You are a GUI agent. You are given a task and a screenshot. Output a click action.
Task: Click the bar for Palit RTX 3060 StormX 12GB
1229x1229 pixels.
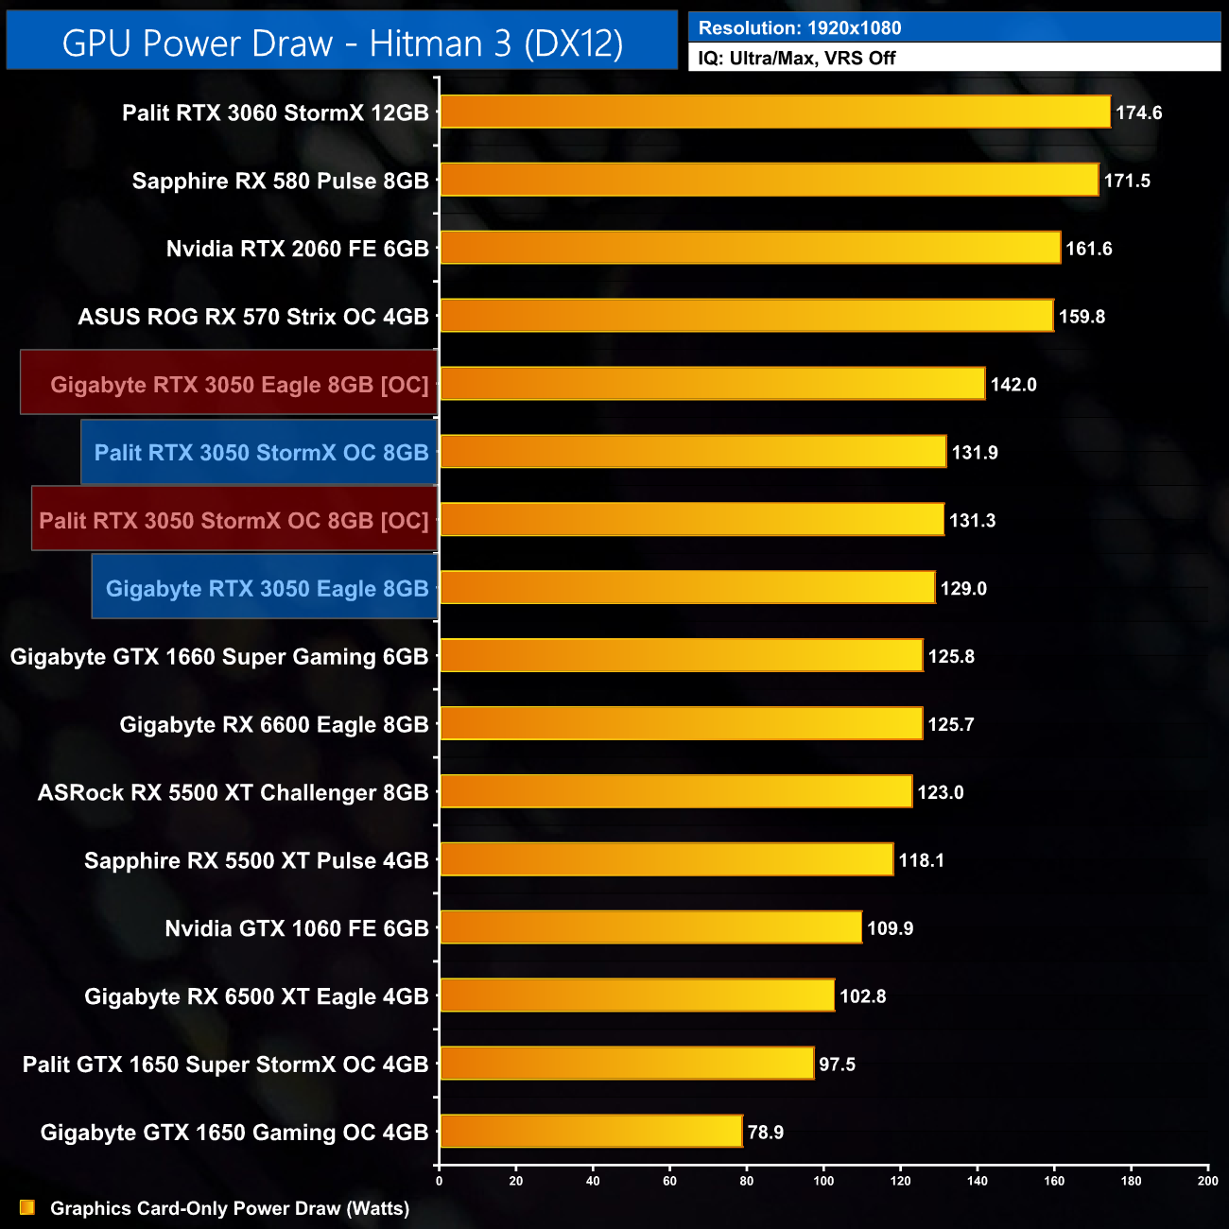(775, 112)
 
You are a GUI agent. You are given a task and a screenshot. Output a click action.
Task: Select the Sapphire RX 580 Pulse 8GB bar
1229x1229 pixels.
(770, 180)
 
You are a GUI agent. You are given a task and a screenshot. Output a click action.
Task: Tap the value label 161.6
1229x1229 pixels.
(1088, 249)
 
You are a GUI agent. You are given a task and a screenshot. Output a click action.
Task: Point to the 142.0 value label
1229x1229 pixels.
(1013, 385)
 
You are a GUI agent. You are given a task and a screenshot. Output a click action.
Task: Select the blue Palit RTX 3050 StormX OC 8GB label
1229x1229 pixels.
(261, 453)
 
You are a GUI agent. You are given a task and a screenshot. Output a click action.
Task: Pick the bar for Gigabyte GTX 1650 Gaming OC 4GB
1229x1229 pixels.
(591, 1132)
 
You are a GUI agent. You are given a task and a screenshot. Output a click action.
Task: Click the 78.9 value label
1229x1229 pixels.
(765, 1133)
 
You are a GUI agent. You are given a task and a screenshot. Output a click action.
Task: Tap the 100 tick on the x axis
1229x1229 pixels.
(823, 1181)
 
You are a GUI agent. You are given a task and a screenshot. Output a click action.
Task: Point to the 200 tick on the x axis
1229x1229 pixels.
(1207, 1181)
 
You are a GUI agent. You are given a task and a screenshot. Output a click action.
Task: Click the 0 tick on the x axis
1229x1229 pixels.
(439, 1181)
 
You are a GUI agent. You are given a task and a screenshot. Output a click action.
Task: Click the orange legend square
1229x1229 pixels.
(27, 1207)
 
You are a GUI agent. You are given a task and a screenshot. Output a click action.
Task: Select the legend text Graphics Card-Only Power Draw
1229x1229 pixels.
(230, 1208)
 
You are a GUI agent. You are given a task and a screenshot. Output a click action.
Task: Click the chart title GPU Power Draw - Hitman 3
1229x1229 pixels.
(342, 43)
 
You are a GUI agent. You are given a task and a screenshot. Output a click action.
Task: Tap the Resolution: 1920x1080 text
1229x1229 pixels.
(800, 28)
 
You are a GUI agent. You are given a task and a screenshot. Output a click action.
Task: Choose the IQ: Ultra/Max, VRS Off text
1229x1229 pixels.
(797, 59)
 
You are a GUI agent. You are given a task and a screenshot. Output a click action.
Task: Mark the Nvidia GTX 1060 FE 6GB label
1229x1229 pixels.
(297, 928)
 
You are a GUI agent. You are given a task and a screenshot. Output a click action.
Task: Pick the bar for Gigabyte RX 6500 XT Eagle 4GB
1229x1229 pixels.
(637, 995)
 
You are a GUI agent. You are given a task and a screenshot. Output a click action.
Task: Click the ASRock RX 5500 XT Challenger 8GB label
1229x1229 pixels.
(233, 792)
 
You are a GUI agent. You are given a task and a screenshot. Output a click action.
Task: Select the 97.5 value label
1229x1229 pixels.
(837, 1065)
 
